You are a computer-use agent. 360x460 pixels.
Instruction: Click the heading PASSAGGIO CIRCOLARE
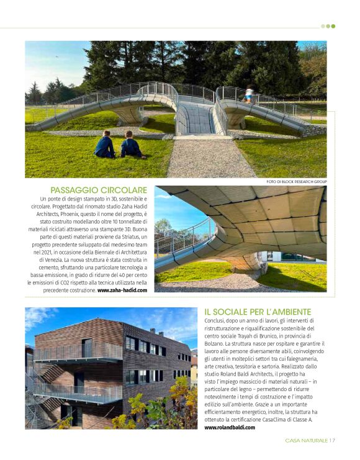[x=98, y=190]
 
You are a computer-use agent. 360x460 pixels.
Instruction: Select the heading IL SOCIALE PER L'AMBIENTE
[x=258, y=312]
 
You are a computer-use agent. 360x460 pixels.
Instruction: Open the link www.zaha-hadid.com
[x=122, y=290]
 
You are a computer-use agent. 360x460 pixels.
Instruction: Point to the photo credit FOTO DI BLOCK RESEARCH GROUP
[x=296, y=182]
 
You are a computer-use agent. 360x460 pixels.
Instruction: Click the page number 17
[x=332, y=441]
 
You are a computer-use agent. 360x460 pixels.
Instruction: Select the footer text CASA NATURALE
[x=307, y=441]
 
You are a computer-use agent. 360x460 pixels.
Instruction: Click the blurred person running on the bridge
[x=248, y=94]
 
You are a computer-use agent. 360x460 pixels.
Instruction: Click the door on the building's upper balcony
[x=86, y=348]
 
